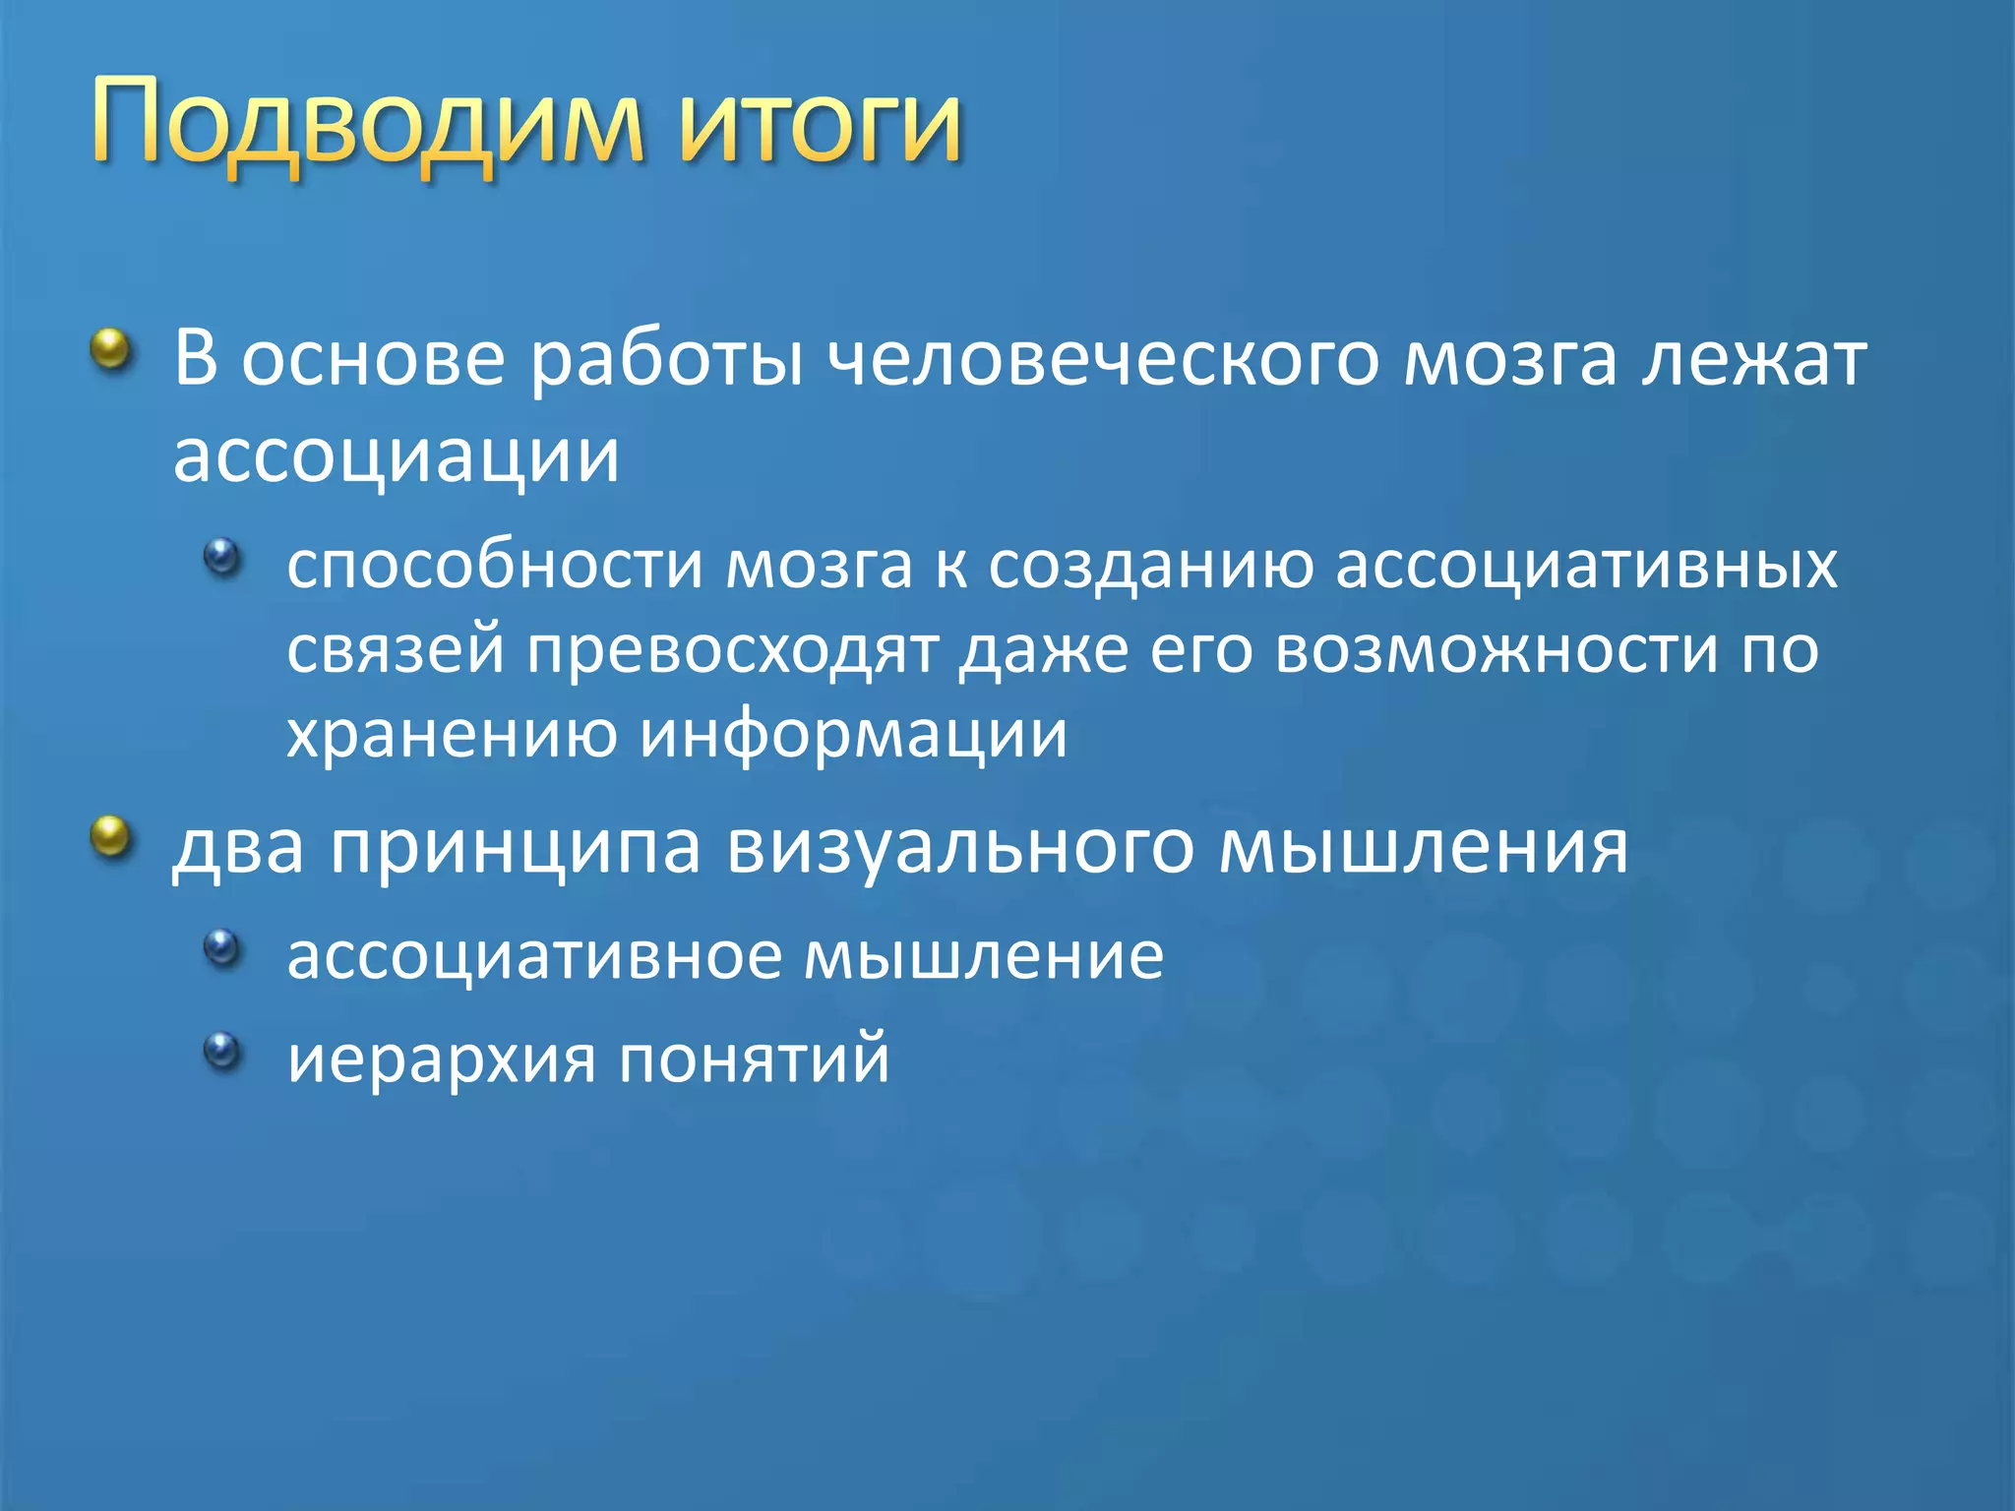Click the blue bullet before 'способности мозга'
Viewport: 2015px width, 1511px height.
222,558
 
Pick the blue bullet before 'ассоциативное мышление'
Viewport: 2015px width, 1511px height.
222,947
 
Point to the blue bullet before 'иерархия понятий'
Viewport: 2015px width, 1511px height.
222,1051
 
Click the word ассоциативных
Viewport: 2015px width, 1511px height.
1586,566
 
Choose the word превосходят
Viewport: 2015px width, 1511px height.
732,651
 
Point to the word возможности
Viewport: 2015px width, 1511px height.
1496,651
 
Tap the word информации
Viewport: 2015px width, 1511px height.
853,736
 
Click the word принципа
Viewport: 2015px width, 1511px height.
516,848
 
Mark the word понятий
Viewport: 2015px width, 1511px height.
755,1060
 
